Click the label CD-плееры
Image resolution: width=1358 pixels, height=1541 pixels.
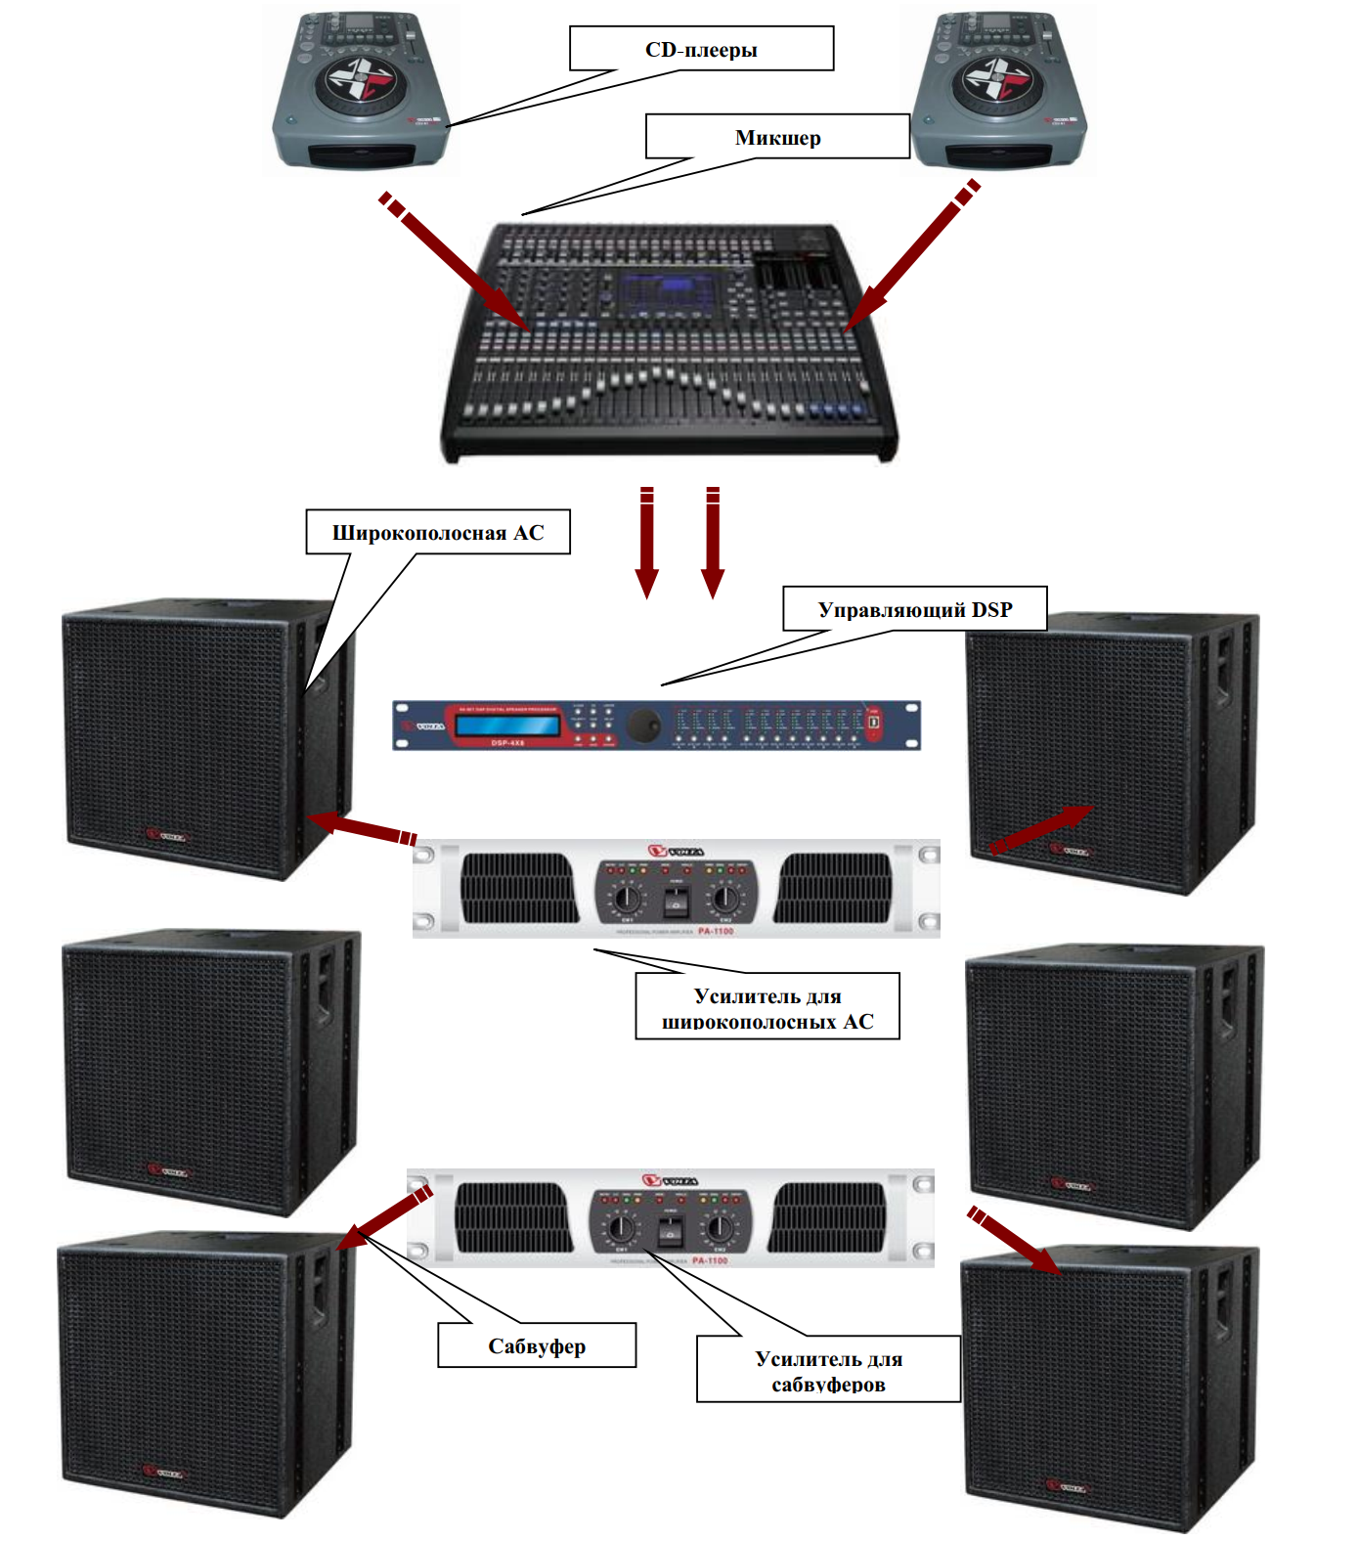pos(701,49)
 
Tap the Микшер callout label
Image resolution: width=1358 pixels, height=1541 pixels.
pos(777,137)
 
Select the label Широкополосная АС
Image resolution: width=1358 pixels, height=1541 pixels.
pos(437,532)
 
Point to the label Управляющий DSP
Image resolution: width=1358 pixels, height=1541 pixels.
pos(914,609)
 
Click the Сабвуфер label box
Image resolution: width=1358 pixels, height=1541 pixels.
pos(537,1345)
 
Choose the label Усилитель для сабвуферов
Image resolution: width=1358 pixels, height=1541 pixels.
pos(828,1370)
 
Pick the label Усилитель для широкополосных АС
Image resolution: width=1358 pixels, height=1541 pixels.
pos(767,1007)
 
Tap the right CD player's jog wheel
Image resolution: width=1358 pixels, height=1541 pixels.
pos(996,78)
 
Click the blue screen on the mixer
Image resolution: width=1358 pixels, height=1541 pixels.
pos(665,292)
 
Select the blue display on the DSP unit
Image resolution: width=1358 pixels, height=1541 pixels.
pos(506,726)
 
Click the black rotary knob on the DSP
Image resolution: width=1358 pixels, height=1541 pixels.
pos(643,725)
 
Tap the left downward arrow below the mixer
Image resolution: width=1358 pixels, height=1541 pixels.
pos(646,543)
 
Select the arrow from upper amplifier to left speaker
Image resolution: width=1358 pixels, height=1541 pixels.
pos(362,826)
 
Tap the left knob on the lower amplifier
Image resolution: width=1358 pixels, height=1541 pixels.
pos(621,1226)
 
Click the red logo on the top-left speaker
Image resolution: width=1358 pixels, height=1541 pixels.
pos(166,836)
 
